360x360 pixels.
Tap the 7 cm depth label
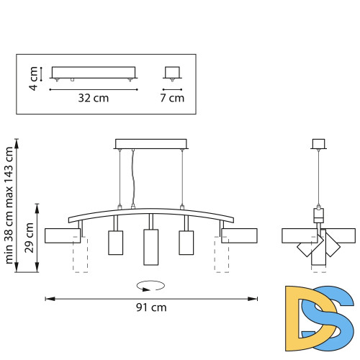172,98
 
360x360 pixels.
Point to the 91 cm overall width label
151,307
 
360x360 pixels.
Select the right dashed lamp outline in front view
220,257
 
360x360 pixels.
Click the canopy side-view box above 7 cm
171,73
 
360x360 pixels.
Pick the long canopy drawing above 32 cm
93,73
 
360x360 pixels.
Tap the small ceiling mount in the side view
318,143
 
